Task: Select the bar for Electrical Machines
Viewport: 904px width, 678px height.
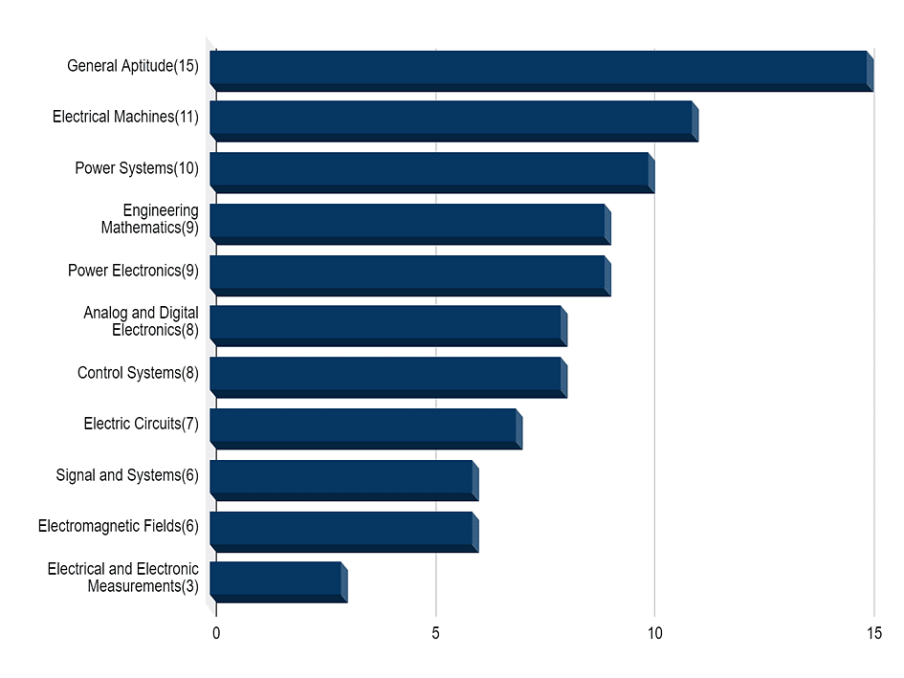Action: [452, 121]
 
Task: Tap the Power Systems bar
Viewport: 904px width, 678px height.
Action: [430, 173]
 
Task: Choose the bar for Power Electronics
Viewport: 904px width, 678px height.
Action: [408, 275]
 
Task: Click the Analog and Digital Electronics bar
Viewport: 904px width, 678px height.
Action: [386, 326]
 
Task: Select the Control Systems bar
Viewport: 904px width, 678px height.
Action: [386, 378]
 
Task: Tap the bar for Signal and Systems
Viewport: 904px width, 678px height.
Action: [342, 480]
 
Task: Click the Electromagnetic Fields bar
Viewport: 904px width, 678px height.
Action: [342, 532]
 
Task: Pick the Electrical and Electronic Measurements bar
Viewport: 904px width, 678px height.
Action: [276, 582]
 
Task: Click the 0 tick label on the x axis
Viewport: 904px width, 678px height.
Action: [216, 633]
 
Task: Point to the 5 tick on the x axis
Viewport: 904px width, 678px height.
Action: [435, 633]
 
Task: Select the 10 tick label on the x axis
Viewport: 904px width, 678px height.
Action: [654, 633]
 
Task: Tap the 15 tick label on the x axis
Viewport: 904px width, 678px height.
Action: [873, 633]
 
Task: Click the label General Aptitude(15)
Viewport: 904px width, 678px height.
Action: [133, 66]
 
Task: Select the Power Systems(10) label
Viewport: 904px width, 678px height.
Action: [137, 168]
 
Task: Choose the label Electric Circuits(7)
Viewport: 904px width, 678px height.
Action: [141, 424]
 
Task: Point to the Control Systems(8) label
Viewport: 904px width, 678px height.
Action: [138, 373]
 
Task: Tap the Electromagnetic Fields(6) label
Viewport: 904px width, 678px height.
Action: [119, 526]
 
